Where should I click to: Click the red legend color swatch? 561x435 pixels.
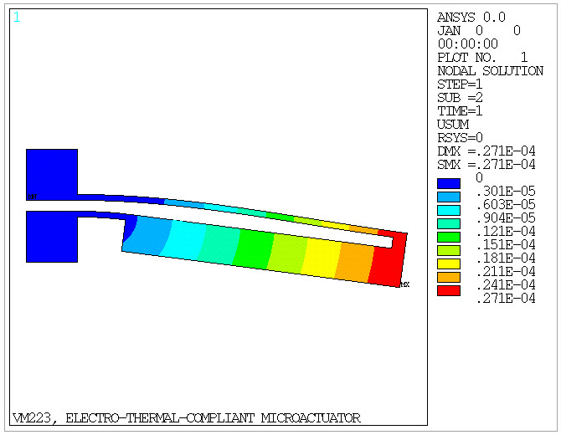tap(449, 290)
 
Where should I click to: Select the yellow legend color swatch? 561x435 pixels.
tap(449, 264)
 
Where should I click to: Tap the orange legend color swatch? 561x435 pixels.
tap(449, 277)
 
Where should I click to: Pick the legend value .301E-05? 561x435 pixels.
tap(505, 191)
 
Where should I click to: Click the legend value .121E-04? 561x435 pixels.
tap(505, 231)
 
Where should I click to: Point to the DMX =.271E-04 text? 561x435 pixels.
tap(486, 151)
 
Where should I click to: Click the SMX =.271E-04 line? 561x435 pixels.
tap(486, 164)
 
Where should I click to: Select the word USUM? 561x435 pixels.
tap(453, 124)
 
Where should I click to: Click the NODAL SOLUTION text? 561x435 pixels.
tap(490, 71)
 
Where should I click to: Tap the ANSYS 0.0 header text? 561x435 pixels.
tap(471, 18)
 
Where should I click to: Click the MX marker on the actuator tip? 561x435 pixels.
tap(404, 285)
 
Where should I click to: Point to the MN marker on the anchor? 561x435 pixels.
tap(32, 197)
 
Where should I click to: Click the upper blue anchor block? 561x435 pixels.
tap(52, 171)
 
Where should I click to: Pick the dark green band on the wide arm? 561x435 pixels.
tap(254, 248)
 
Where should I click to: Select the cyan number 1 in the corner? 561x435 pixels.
tap(17, 18)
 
